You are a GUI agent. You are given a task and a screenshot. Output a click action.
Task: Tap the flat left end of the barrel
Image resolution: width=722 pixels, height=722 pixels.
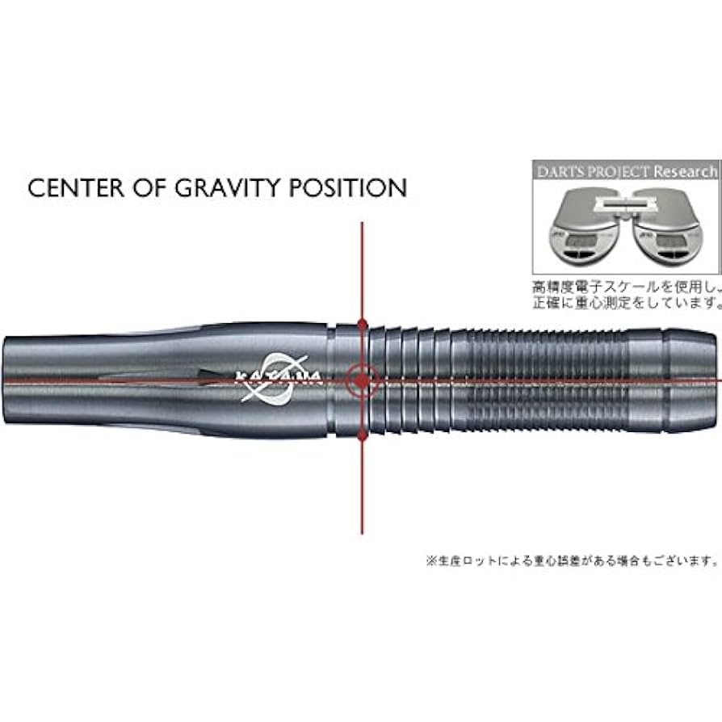pyautogui.click(x=6, y=378)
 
